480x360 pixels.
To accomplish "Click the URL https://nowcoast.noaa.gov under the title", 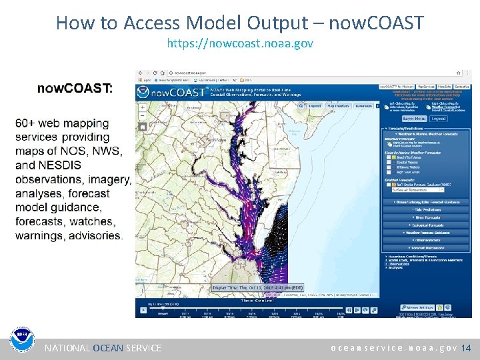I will point(239,43).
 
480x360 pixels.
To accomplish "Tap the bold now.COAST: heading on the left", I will point(75,88).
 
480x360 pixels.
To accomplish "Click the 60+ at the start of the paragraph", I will point(27,123).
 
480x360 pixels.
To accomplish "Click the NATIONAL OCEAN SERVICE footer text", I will point(103,348).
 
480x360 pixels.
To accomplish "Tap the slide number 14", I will point(466,348).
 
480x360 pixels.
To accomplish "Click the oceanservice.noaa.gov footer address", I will point(394,348).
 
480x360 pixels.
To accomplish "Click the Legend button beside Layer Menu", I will point(438,119).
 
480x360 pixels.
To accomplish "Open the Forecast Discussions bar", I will point(427,248).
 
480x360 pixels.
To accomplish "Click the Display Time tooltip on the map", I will point(257,287).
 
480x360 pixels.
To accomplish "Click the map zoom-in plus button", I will point(142,107).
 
